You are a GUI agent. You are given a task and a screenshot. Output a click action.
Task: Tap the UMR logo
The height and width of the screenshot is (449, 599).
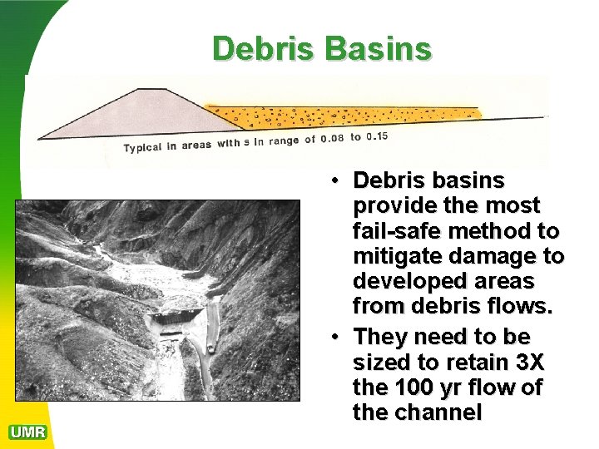point(27,432)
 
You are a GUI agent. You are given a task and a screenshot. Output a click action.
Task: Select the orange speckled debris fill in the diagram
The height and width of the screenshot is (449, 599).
point(349,117)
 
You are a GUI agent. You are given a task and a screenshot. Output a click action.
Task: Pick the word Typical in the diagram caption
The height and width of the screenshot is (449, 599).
point(150,147)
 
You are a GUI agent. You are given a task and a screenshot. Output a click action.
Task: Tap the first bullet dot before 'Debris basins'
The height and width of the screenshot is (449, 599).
point(332,180)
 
